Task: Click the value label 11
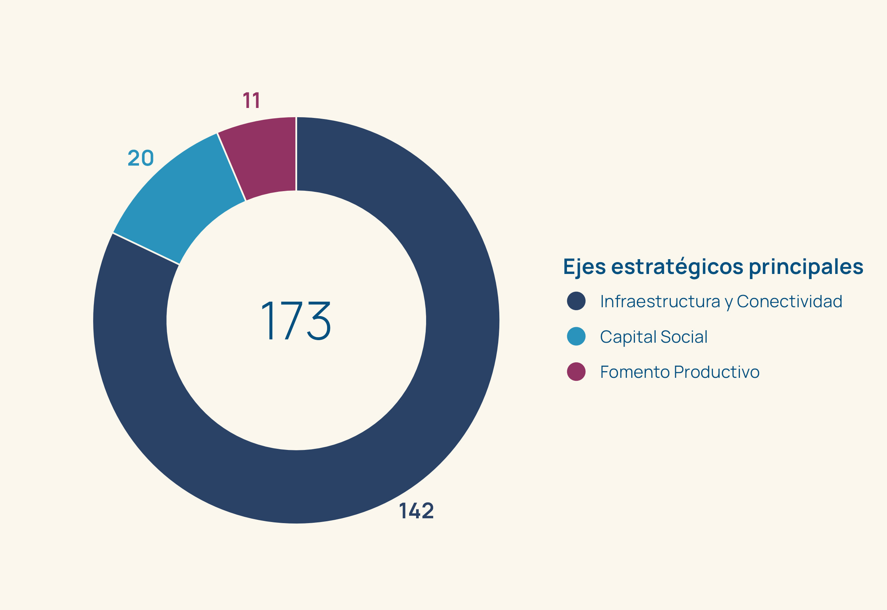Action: tap(252, 101)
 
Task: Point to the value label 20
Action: tap(140, 158)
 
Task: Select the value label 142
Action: tap(417, 511)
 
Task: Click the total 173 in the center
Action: tap(296, 320)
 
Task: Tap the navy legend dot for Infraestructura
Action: tap(576, 301)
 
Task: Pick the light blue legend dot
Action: tap(576, 336)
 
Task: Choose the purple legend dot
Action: tap(576, 372)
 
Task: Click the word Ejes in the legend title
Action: tap(584, 267)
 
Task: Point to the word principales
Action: tap(806, 267)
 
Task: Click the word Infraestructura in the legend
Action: tap(660, 302)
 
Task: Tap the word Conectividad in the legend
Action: tap(789, 302)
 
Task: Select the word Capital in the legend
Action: tap(628, 337)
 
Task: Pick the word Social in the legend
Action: tap(684, 337)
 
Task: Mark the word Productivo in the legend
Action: tap(717, 372)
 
